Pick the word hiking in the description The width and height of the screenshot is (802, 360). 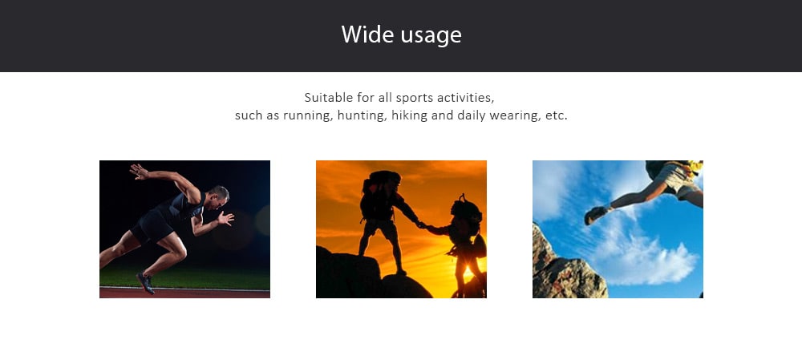pyautogui.click(x=409, y=115)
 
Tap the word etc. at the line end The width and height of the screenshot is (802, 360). pyautogui.click(x=557, y=115)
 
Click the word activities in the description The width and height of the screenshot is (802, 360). pyautogui.click(x=465, y=97)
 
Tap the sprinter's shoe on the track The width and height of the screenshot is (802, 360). pyautogui.click(x=146, y=283)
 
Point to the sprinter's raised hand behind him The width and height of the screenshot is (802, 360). pyautogui.click(x=138, y=172)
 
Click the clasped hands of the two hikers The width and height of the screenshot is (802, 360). pyautogui.click(x=423, y=224)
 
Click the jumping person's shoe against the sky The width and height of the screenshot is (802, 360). pyautogui.click(x=596, y=215)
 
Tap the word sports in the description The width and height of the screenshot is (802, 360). pyautogui.click(x=415, y=97)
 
